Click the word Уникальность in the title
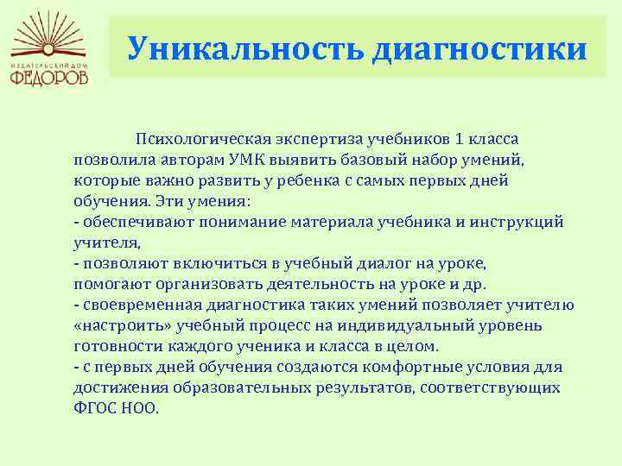click(245, 48)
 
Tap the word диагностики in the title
click(480, 49)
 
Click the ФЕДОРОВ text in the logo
click(49, 77)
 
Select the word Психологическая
click(204, 140)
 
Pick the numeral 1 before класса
click(458, 139)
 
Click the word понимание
click(243, 222)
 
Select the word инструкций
click(517, 223)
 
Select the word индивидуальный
click(406, 326)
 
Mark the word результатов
click(365, 388)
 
